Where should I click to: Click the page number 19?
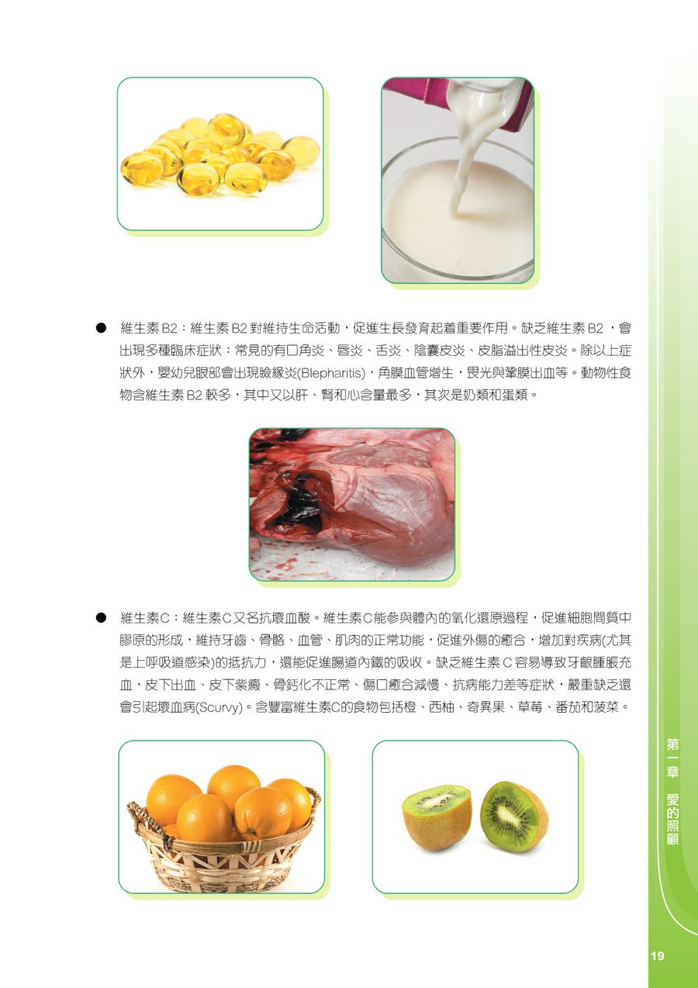pos(657,955)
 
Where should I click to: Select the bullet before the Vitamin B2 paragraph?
pos(101,328)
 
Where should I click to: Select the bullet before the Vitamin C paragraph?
pos(101,618)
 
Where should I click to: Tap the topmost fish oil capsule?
pos(226,128)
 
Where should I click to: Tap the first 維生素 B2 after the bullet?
pos(149,328)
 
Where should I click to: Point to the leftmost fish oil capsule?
pos(137,168)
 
